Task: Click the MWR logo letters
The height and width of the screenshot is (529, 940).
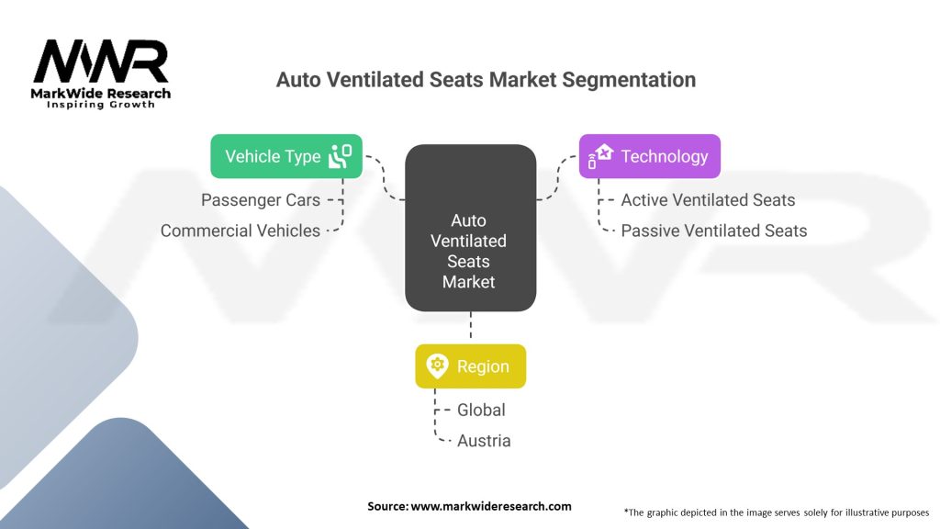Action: click(101, 62)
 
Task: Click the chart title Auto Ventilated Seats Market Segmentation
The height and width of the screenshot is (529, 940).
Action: click(486, 80)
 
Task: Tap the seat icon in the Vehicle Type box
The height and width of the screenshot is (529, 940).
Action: click(340, 156)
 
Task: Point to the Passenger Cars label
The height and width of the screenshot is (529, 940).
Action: click(261, 199)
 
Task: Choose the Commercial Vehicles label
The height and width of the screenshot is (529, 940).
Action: click(241, 231)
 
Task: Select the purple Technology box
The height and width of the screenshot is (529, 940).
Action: click(649, 156)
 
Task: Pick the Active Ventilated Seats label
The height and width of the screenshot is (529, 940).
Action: click(708, 199)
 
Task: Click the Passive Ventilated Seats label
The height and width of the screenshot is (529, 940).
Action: click(713, 231)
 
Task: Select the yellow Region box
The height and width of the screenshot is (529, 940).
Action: click(470, 366)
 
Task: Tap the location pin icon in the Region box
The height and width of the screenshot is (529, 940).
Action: click(437, 366)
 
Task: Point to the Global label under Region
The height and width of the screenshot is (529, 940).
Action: click(481, 410)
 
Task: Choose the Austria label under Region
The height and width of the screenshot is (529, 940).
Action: click(484, 441)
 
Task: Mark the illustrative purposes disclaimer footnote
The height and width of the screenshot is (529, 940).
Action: click(777, 512)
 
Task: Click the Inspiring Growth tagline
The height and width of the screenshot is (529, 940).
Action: click(101, 105)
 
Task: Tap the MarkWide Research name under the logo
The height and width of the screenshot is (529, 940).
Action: click(101, 93)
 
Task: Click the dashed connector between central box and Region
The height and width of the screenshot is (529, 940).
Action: click(470, 327)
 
